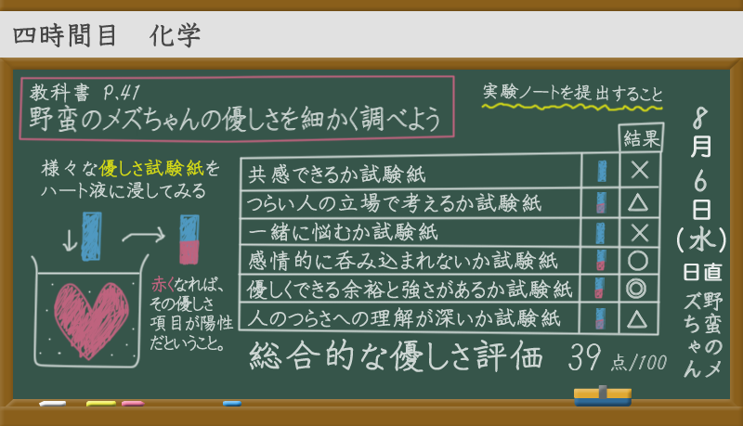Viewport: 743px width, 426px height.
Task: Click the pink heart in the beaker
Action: (x=90, y=319)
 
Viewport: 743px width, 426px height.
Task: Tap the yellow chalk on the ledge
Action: (x=101, y=404)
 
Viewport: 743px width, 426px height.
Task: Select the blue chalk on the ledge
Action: (x=232, y=404)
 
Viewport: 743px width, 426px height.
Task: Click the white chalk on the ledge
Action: (x=53, y=404)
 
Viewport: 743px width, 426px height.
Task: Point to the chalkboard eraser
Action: (x=603, y=396)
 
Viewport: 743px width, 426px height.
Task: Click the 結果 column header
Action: (x=642, y=138)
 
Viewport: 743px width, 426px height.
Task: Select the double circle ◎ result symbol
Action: (x=636, y=289)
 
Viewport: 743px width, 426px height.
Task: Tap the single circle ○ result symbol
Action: (x=638, y=260)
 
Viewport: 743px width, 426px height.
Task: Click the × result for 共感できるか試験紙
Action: (x=640, y=170)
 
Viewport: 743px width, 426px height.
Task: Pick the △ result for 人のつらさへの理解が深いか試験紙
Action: (x=637, y=319)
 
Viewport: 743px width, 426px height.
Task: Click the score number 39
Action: (x=585, y=358)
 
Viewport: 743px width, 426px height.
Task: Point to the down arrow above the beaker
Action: (x=70, y=240)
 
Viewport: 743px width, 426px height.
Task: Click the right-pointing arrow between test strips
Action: (x=144, y=234)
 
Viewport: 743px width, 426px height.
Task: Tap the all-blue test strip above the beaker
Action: (x=91, y=236)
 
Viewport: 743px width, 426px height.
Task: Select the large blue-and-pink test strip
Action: (x=189, y=239)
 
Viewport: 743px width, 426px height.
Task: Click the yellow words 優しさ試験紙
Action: (x=151, y=168)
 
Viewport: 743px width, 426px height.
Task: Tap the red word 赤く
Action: (x=163, y=285)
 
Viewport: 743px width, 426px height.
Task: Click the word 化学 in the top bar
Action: (x=175, y=35)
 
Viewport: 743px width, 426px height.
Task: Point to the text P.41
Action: (x=122, y=93)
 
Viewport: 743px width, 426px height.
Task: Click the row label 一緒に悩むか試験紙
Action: (x=343, y=232)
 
